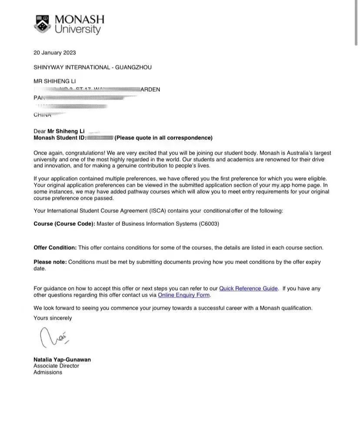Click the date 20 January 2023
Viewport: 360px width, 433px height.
coord(55,53)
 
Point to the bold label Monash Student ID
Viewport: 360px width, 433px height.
coord(60,138)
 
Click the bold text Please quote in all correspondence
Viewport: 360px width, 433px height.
coord(163,138)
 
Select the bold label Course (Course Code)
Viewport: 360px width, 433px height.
coord(64,224)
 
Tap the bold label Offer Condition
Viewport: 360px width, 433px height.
coord(55,248)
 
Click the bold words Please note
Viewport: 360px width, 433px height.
coord(50,262)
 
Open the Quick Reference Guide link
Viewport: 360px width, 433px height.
coord(248,288)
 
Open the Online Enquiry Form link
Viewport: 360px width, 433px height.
coord(184,295)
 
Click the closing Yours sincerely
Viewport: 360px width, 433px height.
coord(53,318)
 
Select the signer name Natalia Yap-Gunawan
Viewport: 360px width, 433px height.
coord(62,360)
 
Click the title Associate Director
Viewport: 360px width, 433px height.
coord(56,366)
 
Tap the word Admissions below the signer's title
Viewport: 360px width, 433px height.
coord(48,372)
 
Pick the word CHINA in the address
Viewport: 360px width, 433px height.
coord(42,115)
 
